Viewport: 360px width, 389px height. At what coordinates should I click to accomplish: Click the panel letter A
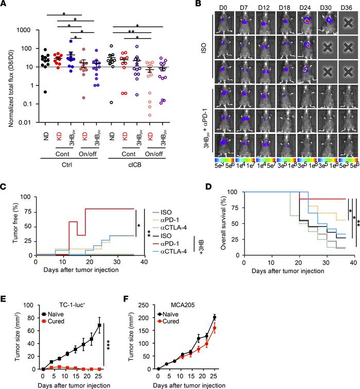tap(5, 5)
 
